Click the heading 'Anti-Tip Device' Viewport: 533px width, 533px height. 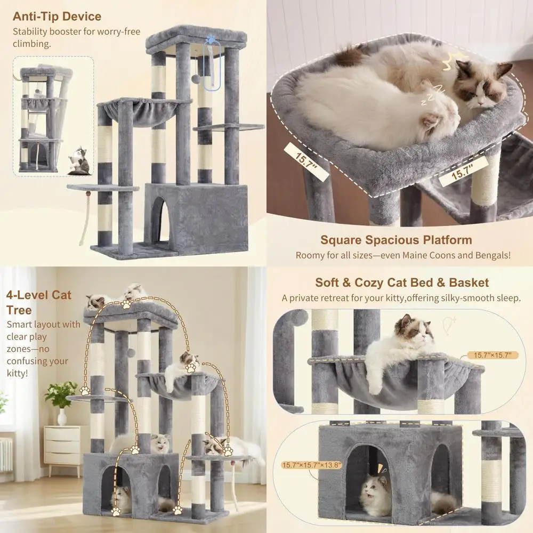pos(56,17)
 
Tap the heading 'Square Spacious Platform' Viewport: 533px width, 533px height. pos(396,240)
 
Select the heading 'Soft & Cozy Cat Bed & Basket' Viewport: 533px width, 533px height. pos(402,282)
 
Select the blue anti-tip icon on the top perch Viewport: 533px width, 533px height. pos(211,39)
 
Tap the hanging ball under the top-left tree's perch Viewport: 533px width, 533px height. pos(196,79)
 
